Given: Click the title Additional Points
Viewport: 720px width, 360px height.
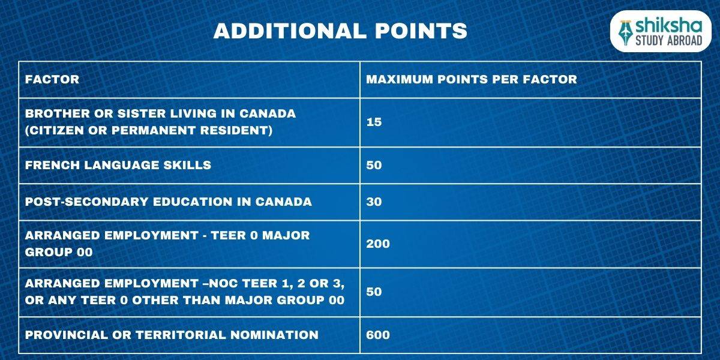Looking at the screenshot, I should [340, 31].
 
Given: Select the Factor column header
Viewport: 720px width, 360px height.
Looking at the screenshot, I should [52, 80].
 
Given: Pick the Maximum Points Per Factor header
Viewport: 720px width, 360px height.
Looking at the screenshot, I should [472, 80].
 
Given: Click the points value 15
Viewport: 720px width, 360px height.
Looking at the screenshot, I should [374, 122].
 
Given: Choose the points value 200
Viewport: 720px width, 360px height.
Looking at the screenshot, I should [377, 244].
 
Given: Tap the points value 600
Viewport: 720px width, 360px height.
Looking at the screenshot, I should [377, 335].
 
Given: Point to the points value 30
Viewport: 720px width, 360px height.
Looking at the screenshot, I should [374, 202].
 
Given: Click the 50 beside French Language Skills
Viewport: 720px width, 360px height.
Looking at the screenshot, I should [374, 165].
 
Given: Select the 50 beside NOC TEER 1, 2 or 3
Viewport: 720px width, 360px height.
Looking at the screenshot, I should [374, 292].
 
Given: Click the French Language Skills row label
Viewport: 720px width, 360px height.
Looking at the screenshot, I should [118, 165].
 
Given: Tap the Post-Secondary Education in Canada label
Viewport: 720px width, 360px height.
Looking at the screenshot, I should [169, 202].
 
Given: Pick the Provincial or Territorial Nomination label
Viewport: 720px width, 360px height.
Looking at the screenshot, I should [172, 335].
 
